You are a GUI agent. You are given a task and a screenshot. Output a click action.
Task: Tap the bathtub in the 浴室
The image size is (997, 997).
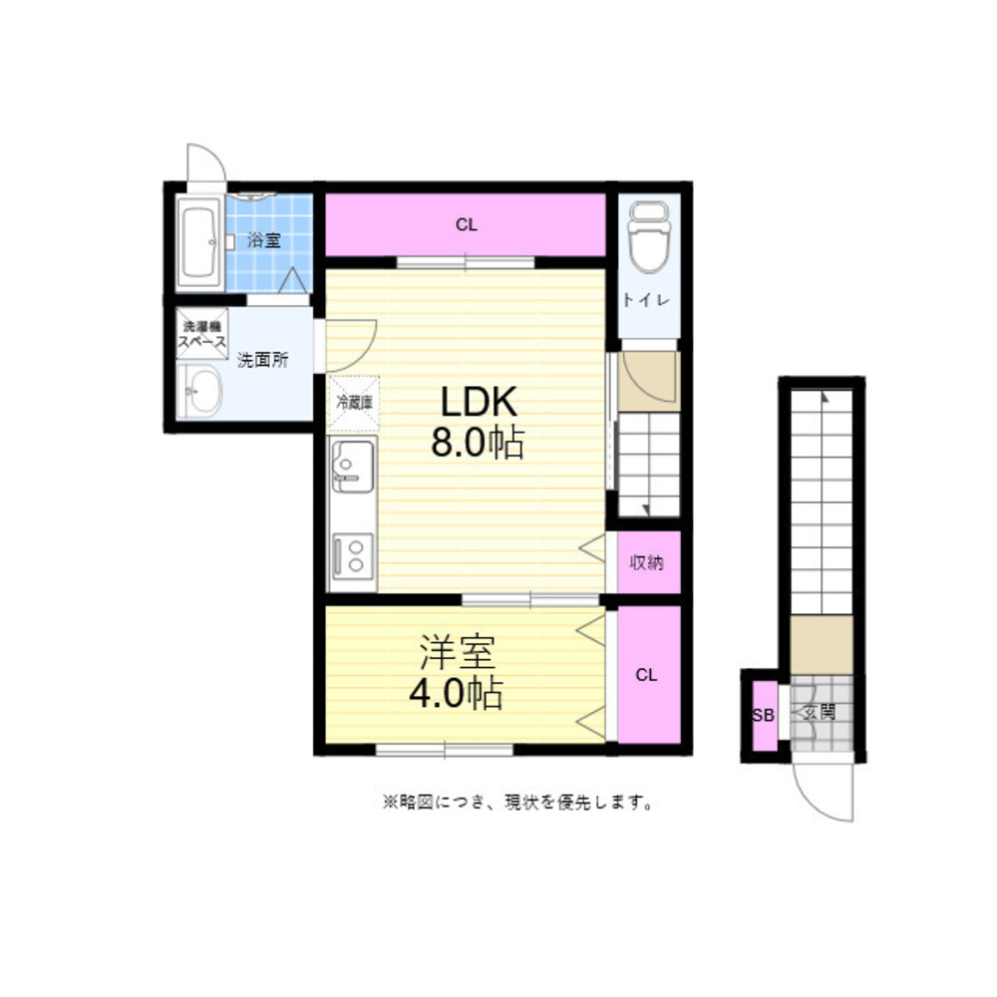pyautogui.click(x=199, y=241)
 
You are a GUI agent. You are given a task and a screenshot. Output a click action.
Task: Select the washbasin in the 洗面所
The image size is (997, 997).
pyautogui.click(x=199, y=391)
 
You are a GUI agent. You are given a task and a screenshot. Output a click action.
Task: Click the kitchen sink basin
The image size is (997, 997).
pyautogui.click(x=352, y=466)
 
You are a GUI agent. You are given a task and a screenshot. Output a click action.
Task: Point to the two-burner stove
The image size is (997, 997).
pyautogui.click(x=352, y=556)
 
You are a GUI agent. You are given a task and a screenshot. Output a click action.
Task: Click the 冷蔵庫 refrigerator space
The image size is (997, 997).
pyautogui.click(x=354, y=403)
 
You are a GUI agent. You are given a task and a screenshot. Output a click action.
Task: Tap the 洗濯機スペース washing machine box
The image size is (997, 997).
pyautogui.click(x=202, y=334)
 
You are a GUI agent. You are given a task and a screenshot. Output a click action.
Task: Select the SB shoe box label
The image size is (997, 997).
pyautogui.click(x=763, y=715)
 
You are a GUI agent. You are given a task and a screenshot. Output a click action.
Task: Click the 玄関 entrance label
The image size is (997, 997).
pyautogui.click(x=820, y=712)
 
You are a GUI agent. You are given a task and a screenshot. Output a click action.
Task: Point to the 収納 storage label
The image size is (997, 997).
pyautogui.click(x=647, y=562)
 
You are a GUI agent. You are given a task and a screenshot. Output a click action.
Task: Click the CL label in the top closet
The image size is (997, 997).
pyautogui.click(x=466, y=225)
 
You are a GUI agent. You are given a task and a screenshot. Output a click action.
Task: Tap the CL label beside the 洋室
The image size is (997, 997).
pyautogui.click(x=646, y=675)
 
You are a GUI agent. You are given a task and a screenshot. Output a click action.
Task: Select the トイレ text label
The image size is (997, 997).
pyautogui.click(x=646, y=300)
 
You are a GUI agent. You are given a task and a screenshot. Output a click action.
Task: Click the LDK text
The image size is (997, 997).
pyautogui.click(x=480, y=402)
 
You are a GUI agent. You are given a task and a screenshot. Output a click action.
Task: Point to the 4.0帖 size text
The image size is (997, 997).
pyautogui.click(x=457, y=693)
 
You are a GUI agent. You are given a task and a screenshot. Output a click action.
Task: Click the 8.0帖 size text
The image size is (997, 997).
pyautogui.click(x=479, y=443)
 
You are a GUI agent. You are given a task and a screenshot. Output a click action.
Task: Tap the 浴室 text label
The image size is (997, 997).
pyautogui.click(x=264, y=240)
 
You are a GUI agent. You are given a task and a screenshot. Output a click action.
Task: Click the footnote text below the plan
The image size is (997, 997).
pyautogui.click(x=517, y=803)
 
